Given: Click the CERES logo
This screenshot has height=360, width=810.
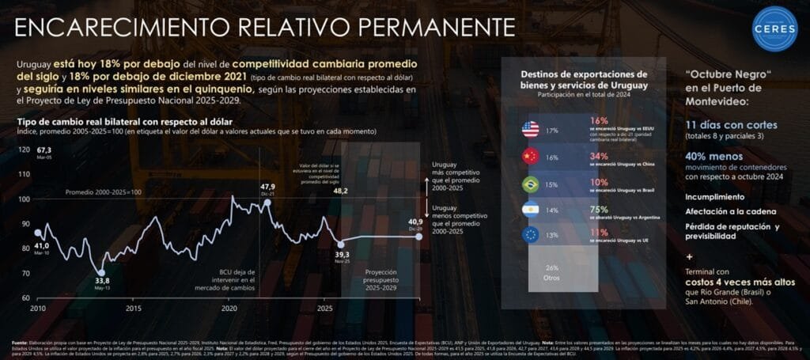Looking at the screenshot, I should coord(775,29).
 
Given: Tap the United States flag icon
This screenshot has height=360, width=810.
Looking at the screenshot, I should coord(530,130).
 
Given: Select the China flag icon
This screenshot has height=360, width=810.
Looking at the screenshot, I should coord(530,157).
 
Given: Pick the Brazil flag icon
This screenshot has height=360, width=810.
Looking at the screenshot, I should coord(530,184).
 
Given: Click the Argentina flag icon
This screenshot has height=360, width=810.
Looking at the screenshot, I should coord(530,210).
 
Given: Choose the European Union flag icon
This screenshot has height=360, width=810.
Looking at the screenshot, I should coord(530,236).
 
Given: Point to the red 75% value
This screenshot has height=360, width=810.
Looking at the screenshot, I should coord(598,209).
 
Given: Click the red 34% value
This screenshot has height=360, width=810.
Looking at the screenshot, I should coord(599,156).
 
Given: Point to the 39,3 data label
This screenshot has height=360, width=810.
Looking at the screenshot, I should coord(341,255).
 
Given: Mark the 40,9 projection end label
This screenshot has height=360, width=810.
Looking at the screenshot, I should coord(416,222).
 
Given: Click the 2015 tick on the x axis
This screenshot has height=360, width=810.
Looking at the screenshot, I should coord(133,308).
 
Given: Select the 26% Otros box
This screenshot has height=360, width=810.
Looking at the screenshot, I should coord(553,272).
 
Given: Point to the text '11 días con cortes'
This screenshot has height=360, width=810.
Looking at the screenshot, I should coord(732,125).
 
